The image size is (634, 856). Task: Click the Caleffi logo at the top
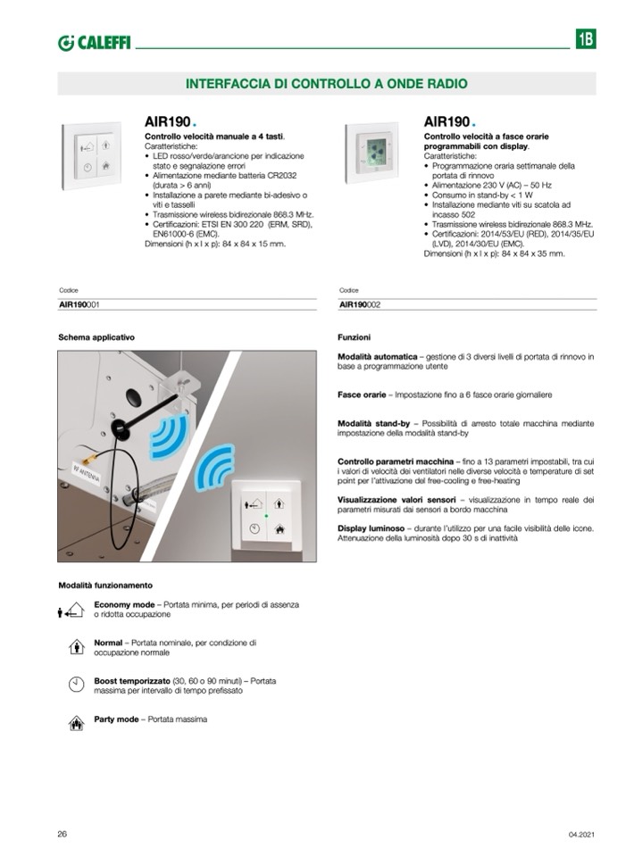[93, 42]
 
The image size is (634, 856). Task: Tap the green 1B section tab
[585, 39]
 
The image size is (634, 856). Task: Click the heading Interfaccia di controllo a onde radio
[326, 83]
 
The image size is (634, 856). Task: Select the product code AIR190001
[79, 304]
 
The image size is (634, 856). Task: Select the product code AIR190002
[360, 304]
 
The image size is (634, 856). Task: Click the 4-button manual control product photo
[91, 155]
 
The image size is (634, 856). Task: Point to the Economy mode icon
[71, 611]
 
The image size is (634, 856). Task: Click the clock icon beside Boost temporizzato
[76, 685]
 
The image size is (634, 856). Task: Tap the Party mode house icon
[76, 722]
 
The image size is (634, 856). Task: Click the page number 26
[63, 834]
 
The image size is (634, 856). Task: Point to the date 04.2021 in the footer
[580, 835]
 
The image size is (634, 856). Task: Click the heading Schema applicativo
[96, 338]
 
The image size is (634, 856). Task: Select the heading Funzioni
[354, 338]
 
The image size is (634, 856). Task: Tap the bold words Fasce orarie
[362, 394]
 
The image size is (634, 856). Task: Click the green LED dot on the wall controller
[265, 516]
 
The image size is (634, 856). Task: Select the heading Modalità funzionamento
[105, 586]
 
